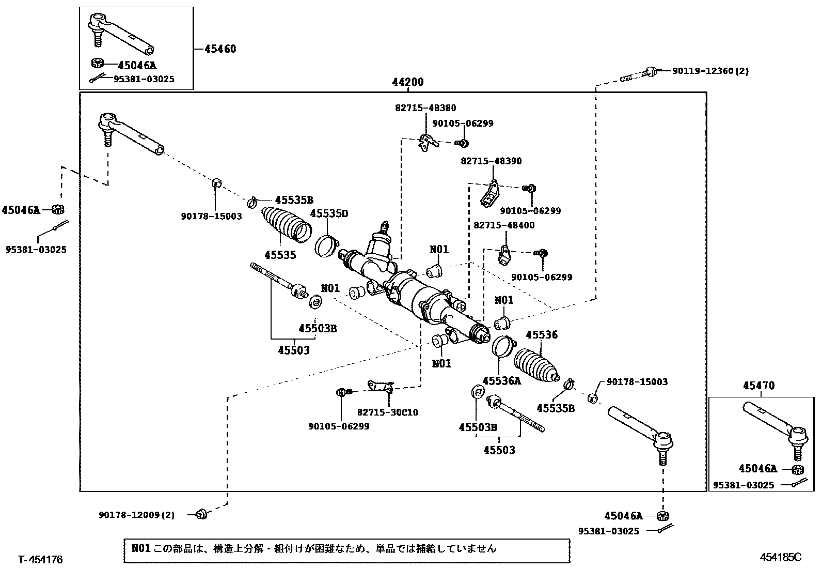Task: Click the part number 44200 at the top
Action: (x=408, y=82)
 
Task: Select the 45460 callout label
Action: (x=220, y=49)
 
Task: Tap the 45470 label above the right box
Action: (x=759, y=386)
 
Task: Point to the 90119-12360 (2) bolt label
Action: (x=710, y=70)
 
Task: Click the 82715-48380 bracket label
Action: (x=425, y=108)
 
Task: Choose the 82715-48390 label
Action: (x=491, y=161)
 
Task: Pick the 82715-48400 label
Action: (x=504, y=225)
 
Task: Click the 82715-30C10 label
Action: (x=388, y=412)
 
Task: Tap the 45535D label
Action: (x=329, y=213)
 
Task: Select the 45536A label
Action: (x=502, y=380)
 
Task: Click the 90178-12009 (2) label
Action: (x=136, y=515)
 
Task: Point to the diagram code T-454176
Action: (x=40, y=560)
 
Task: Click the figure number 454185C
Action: (x=781, y=557)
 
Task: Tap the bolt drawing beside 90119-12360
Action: (x=639, y=74)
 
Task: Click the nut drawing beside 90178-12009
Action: (x=201, y=514)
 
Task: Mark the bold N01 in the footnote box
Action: (x=141, y=548)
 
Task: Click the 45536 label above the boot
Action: (x=542, y=335)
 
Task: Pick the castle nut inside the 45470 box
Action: (x=798, y=470)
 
